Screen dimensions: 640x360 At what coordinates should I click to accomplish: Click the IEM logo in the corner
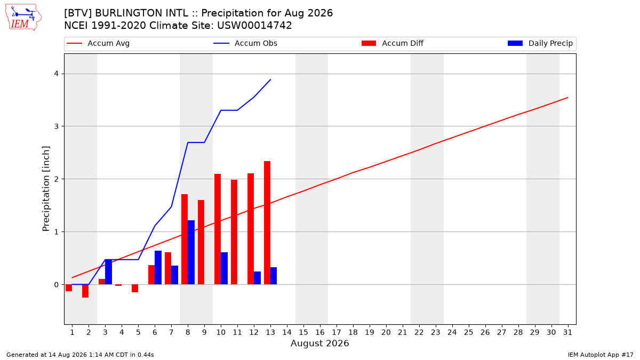point(23,18)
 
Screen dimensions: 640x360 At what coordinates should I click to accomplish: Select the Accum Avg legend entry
point(98,43)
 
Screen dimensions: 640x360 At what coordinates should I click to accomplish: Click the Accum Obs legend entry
point(245,43)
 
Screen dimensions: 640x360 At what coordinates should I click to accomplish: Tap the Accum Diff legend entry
point(393,43)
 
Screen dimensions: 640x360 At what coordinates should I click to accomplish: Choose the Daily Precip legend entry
point(540,43)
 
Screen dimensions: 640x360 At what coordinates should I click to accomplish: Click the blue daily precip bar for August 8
point(191,252)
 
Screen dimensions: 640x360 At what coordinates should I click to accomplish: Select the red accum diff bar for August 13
point(267,223)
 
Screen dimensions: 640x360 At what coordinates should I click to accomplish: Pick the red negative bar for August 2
point(85,291)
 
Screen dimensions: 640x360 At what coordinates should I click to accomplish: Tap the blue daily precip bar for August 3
point(109,271)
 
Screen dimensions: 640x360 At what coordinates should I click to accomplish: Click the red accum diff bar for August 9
point(201,242)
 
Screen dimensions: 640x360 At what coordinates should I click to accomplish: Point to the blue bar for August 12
point(257,278)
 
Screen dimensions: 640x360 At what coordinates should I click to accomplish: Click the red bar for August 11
point(234,232)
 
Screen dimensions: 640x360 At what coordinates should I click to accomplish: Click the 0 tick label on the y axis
point(57,285)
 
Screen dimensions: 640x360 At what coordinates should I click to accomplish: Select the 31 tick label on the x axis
point(567,332)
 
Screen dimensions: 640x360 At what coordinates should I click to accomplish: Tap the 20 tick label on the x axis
point(386,332)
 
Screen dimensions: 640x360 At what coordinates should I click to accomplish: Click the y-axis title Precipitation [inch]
point(46,189)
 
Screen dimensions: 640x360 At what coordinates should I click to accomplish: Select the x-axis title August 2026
point(319,343)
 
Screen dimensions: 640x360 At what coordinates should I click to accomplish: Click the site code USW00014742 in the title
point(254,26)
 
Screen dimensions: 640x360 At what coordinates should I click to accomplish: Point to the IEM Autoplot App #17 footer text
point(601,355)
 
